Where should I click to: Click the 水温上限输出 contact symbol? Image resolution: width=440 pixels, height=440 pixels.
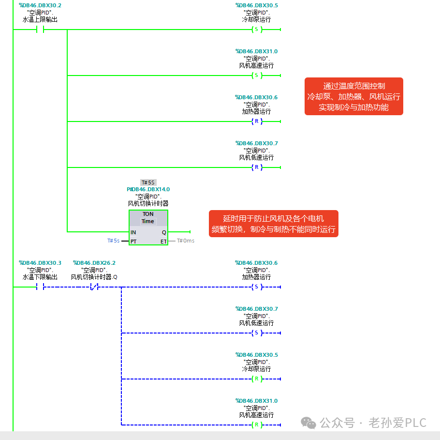point(40,29)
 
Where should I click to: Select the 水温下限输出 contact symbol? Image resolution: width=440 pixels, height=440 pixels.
point(40,287)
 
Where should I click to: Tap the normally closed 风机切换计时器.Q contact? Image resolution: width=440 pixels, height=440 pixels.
point(94,287)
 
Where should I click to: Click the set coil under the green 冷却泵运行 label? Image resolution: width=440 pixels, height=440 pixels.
point(257,29)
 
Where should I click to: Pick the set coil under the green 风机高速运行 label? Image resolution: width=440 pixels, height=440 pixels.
point(257,76)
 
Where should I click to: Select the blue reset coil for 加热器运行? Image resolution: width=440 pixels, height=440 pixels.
point(257,121)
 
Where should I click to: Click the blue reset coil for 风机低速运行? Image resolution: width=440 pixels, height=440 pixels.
point(257,167)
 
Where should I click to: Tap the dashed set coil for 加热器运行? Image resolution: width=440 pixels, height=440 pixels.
point(257,287)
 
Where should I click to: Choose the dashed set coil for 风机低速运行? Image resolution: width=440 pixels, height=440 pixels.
point(257,333)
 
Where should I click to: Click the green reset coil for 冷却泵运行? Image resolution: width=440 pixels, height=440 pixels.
point(257,379)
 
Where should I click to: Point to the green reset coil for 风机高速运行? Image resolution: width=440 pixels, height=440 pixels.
point(257,425)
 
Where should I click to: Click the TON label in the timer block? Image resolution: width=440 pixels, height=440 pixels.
point(148,214)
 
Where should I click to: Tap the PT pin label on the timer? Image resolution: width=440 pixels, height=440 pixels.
point(133,242)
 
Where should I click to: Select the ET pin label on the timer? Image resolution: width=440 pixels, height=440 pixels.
point(163,242)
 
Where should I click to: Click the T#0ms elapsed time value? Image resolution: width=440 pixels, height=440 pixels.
point(186,241)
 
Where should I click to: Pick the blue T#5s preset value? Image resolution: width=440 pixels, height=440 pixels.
point(113,241)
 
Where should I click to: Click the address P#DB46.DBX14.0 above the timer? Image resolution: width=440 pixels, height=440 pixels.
point(148,189)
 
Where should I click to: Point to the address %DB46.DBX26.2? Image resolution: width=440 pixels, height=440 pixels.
point(94,263)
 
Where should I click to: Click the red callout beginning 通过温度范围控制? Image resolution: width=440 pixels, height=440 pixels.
point(354,96)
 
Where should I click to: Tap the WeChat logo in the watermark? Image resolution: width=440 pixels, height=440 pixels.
point(308,423)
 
